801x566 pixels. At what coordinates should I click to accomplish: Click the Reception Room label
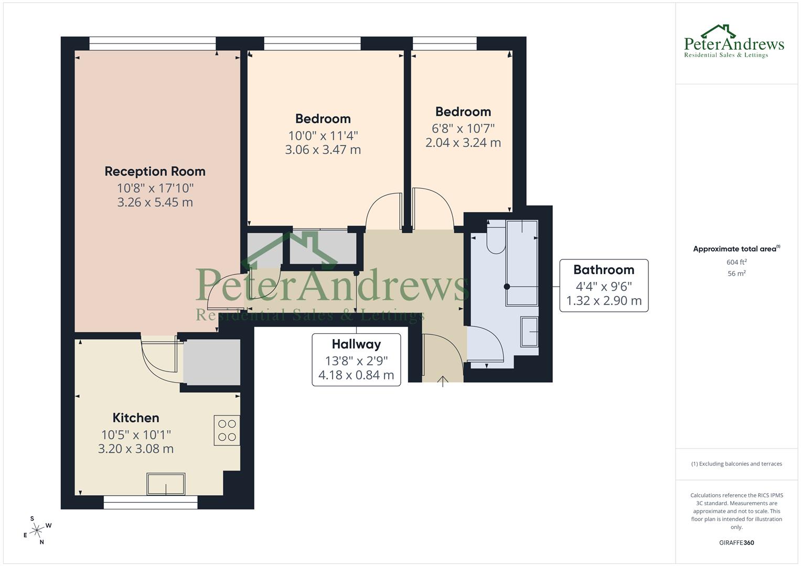pos(155,171)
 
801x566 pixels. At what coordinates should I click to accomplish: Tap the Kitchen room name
pos(136,418)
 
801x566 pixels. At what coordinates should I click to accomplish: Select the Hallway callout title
pos(356,344)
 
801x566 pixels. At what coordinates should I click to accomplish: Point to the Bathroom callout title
pos(604,270)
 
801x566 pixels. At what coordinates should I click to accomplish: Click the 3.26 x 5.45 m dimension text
pos(155,202)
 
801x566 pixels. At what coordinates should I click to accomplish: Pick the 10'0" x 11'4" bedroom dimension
pos(323,136)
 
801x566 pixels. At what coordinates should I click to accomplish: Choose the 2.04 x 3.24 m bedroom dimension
pos(463,143)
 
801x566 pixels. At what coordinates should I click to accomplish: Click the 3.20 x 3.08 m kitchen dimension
pos(136,449)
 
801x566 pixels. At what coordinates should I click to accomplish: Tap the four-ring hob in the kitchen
pos(227,430)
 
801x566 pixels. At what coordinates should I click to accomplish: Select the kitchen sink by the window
pos(166,484)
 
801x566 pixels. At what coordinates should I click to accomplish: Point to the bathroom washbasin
pos(529,331)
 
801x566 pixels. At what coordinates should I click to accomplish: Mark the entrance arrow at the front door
pos(443,381)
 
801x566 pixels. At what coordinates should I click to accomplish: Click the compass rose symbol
pos(37,530)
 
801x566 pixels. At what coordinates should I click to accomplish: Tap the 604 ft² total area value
pos(736,262)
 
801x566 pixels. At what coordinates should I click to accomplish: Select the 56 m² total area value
pos(736,273)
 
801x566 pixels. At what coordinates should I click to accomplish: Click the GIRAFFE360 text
pos(736,543)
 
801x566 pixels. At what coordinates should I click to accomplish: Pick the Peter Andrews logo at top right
pos(734,41)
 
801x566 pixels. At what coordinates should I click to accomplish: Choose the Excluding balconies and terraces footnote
pos(736,464)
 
